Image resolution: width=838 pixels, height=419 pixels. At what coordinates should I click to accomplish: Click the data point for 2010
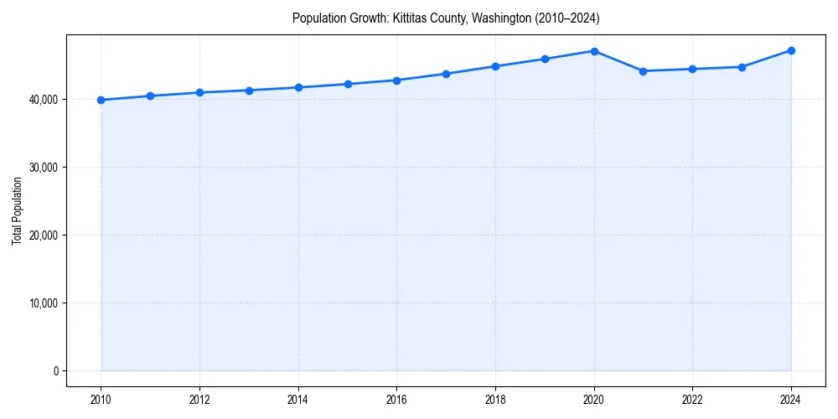click(101, 100)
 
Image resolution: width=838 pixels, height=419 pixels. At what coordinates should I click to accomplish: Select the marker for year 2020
click(594, 51)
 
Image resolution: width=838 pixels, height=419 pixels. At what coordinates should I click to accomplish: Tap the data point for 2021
click(643, 71)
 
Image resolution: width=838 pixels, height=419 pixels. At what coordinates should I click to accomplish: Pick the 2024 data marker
click(791, 50)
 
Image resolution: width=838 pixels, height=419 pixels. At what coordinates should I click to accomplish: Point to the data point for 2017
click(446, 74)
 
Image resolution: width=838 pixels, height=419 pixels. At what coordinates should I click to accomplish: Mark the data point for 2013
click(249, 91)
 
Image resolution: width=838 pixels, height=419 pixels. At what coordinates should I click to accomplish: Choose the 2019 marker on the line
click(545, 59)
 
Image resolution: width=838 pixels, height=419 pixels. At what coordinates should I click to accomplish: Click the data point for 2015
click(348, 84)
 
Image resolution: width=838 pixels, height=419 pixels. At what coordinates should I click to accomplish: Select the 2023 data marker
click(742, 67)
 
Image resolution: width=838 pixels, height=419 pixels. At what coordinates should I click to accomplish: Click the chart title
click(446, 18)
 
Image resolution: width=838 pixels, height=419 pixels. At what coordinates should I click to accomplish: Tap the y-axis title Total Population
click(17, 210)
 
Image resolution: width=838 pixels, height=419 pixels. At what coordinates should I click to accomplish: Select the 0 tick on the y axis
click(55, 371)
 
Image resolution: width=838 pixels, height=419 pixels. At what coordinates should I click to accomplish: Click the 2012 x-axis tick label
click(199, 400)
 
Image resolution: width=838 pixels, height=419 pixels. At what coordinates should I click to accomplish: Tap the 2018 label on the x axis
click(495, 400)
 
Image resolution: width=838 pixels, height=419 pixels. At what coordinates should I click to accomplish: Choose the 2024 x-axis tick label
click(791, 400)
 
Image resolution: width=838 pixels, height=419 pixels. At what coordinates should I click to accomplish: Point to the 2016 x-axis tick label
click(396, 400)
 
